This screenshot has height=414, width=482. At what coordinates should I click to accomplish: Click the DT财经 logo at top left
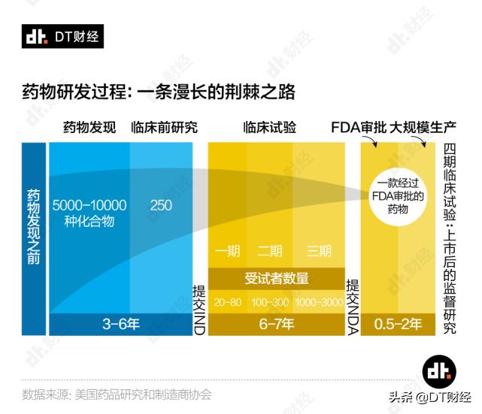[62, 36]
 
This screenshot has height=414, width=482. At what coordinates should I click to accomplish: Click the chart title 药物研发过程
[157, 92]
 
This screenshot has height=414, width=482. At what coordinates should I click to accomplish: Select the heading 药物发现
[89, 128]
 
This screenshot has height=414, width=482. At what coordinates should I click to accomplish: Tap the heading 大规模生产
[423, 128]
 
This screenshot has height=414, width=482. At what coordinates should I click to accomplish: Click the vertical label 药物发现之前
[33, 225]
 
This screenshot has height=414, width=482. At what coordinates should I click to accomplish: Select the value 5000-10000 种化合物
[89, 213]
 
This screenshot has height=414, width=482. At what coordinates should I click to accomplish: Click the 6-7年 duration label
[277, 324]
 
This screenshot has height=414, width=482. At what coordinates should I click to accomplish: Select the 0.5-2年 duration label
[398, 324]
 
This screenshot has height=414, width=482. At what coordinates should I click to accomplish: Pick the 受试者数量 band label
[277, 278]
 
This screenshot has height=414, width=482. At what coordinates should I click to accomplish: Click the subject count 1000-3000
[320, 301]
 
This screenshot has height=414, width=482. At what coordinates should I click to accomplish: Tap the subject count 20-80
[228, 301]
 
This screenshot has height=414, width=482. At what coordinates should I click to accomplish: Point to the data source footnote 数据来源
[117, 394]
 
